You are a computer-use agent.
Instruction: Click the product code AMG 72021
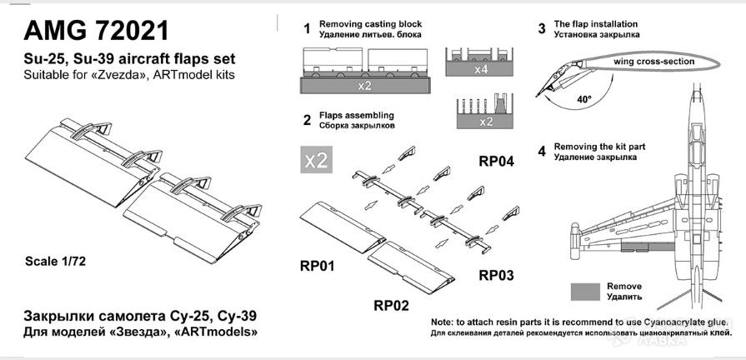(97, 31)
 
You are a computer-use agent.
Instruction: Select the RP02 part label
(390, 305)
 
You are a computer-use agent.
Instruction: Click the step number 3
(542, 30)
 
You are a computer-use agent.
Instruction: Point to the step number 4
(542, 151)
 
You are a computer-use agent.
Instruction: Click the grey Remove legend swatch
(586, 290)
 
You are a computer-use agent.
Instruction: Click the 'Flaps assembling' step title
(356, 115)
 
